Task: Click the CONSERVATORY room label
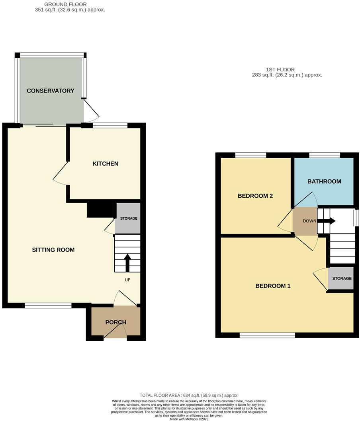coord(51,91)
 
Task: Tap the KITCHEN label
coord(106,164)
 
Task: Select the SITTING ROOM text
coord(53,250)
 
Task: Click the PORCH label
coord(116,322)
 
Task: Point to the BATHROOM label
coord(324,181)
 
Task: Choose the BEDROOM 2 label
coord(255,196)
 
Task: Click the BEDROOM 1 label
coord(273,286)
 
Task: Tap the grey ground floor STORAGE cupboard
coord(128,218)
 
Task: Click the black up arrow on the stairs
coord(127,263)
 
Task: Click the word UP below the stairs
coord(127,280)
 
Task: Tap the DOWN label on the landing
coord(309,221)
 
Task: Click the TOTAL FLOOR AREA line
coord(189,395)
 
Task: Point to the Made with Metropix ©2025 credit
coord(189,419)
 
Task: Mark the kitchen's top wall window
coord(110,126)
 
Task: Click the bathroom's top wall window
coord(325,155)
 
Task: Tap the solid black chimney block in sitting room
coord(100,210)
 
